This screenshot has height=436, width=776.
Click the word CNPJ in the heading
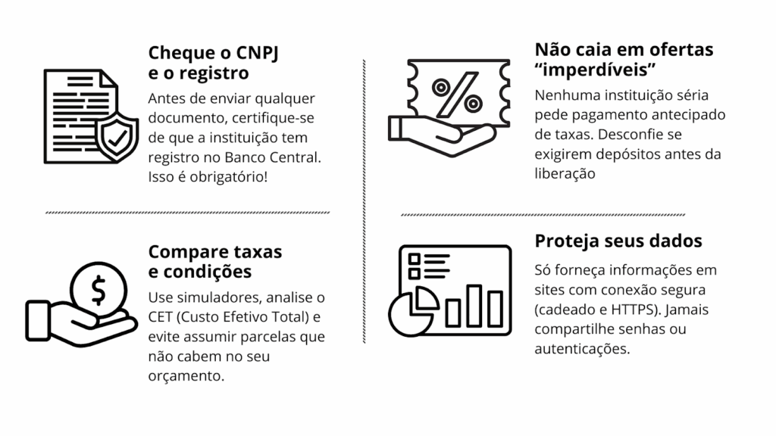pos(227,53)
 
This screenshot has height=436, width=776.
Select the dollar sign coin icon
pos(99,288)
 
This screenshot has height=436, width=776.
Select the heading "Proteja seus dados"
pos(618,241)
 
